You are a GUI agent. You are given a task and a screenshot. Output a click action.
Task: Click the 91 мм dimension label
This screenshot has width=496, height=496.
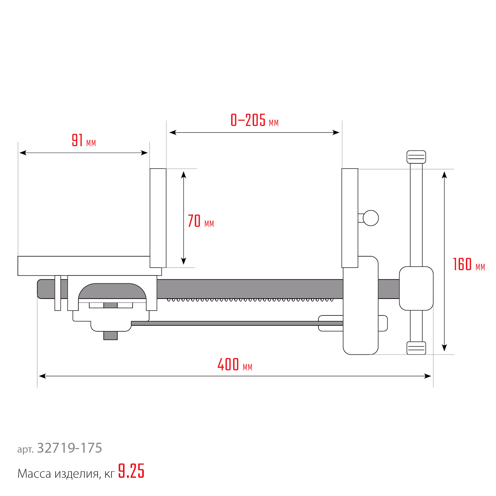84,140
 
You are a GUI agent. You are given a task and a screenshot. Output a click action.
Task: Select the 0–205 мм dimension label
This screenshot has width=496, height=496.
255,120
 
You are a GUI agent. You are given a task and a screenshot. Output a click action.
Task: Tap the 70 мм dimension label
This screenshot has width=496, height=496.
201,221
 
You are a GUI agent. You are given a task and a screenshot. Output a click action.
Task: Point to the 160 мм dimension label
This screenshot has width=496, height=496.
469,265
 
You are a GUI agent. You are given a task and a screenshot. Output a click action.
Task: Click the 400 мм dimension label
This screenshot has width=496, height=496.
235,364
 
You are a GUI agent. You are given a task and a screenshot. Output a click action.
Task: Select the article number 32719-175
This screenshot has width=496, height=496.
69,448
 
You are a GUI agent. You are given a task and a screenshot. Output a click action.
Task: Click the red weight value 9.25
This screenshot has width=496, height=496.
131,471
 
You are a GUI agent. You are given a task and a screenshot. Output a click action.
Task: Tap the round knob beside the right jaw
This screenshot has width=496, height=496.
371,218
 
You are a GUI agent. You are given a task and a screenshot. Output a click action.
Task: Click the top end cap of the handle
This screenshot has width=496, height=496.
416,157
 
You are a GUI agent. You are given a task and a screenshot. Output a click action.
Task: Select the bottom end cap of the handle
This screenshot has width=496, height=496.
416,348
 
